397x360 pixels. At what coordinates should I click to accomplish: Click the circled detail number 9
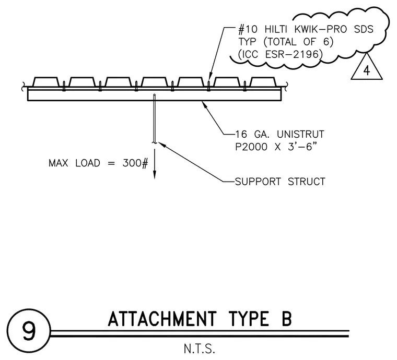29,331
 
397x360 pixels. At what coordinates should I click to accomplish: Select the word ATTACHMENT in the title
162,319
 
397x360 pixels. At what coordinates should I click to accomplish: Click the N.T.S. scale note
200,349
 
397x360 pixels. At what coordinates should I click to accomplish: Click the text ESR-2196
294,54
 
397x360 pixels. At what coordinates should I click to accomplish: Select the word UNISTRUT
300,134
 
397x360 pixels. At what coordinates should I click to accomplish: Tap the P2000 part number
251,147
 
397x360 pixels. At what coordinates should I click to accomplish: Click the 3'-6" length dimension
302,147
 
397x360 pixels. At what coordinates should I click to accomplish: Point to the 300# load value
135,163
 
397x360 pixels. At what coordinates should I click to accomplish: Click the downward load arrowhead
155,175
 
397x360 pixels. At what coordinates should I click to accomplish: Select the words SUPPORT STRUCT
280,182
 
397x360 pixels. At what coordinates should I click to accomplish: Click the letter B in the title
287,319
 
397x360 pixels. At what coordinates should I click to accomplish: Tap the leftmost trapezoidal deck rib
46,82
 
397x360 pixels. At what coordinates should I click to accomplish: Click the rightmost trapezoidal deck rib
264,82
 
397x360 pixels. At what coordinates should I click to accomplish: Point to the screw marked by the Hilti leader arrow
208,86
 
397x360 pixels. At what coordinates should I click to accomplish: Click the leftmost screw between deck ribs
64,86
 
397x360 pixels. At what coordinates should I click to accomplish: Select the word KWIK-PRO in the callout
321,30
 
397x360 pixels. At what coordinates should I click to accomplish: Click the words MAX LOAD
74,163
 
